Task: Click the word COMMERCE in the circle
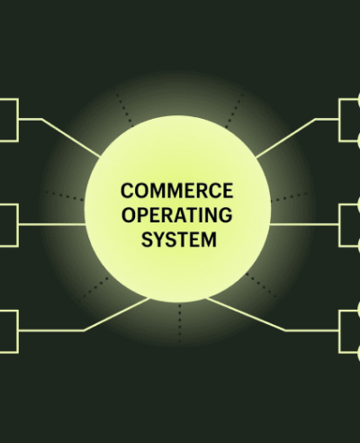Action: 177,191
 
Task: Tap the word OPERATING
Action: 177,215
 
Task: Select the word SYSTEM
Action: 179,240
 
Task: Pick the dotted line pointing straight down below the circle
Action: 180,323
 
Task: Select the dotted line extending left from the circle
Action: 64,195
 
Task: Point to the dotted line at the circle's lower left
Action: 95,287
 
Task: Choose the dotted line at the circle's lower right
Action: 261,285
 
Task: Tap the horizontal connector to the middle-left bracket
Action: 51,224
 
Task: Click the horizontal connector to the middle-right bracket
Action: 304,224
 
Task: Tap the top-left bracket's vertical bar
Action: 18,120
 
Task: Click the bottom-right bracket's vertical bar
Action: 340,331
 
